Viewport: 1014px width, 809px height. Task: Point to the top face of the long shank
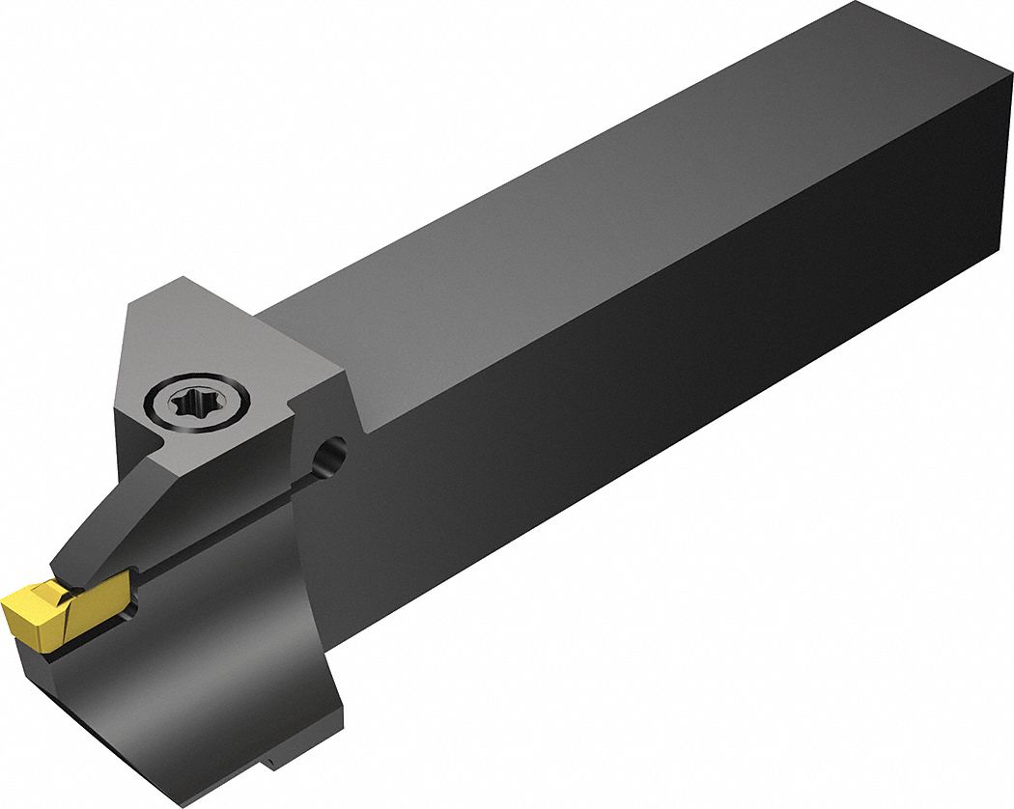pos(579,193)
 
